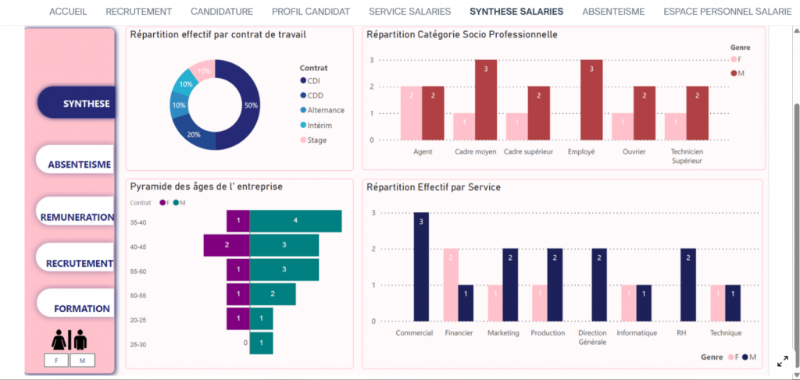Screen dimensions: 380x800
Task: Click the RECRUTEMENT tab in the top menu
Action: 138,12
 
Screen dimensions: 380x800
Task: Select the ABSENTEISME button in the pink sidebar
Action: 78,165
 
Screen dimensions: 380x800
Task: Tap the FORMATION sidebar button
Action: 81,308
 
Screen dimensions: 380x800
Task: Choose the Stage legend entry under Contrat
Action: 316,140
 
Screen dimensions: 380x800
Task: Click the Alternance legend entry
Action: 325,111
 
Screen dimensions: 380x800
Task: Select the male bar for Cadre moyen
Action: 485,100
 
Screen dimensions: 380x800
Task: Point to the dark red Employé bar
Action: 591,100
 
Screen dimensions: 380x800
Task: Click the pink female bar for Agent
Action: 411,113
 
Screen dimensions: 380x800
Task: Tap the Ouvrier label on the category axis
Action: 633,151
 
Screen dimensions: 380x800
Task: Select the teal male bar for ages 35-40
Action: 295,221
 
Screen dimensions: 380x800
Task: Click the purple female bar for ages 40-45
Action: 227,246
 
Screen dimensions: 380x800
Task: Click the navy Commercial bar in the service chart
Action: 421,266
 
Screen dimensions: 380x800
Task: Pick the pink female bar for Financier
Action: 450,284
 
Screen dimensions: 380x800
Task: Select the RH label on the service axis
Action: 681,332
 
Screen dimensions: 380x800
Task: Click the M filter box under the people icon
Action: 82,360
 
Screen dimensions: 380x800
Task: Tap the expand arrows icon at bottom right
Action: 782,361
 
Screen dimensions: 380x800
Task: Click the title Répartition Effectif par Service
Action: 434,187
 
